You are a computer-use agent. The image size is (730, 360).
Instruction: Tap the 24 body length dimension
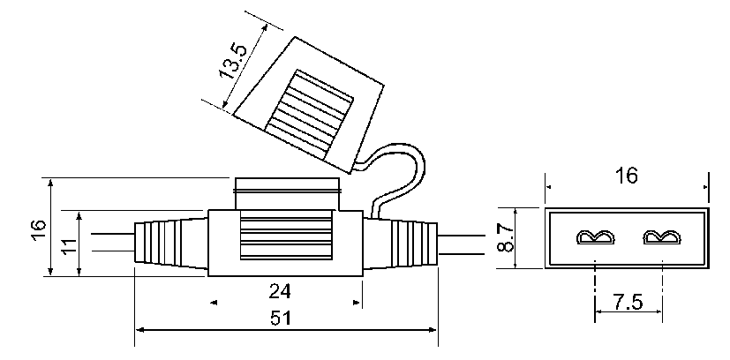pyautogui.click(x=281, y=290)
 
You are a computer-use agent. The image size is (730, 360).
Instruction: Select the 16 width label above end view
pyautogui.click(x=626, y=176)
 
